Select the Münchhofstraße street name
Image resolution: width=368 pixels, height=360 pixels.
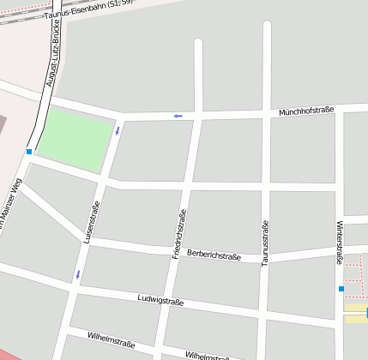[306, 111]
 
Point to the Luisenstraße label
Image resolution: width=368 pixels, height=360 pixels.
[92, 221]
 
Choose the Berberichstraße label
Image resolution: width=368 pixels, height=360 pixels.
[214, 255]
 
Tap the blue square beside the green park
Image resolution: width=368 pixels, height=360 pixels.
[29, 152]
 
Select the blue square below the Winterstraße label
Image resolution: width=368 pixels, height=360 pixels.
[341, 289]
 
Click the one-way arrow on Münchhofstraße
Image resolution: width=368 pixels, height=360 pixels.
[178, 116]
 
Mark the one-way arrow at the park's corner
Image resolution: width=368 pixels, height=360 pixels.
[117, 130]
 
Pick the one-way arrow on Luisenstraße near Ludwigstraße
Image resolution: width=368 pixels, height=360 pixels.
[78, 274]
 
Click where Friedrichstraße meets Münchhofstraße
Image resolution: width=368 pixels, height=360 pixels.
[199, 114]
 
